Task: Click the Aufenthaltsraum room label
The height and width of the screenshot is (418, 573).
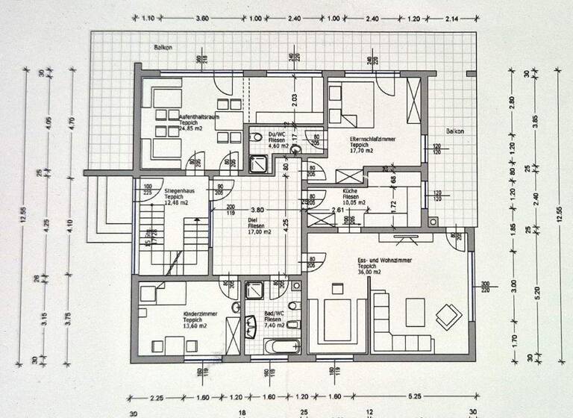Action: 197,117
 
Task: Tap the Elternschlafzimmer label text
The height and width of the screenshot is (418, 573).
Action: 371,139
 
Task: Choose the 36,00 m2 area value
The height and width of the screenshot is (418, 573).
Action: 369,272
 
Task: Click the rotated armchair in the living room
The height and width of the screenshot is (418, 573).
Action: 448,316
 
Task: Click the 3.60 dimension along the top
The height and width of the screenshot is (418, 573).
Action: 201,18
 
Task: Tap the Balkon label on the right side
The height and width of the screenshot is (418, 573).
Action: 454,131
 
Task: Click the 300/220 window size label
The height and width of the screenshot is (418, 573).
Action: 485,287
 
